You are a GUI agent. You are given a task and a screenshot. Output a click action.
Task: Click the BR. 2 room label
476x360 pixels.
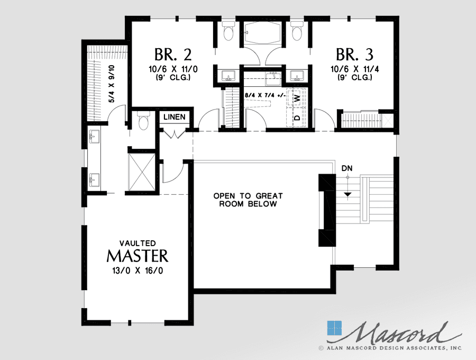coord(172,55)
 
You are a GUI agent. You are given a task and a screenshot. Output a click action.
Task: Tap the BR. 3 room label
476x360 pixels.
coord(354,55)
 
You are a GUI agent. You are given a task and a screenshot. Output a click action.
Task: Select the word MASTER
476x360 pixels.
coord(138,256)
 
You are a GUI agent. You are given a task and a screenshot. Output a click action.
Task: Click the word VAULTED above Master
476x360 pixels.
coord(138,243)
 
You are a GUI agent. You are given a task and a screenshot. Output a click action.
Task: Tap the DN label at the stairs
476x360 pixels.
coord(347,168)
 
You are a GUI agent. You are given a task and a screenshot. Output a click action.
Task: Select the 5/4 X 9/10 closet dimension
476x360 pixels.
coord(111,84)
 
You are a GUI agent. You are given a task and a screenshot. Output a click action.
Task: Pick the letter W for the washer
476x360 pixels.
coord(297,98)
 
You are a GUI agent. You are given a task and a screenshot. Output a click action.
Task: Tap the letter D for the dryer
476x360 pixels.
coord(297,117)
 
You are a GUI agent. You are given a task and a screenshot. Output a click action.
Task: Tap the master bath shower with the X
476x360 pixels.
coord(142,172)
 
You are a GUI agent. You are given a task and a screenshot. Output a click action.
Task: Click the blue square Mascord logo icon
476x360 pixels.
coord(335,328)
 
